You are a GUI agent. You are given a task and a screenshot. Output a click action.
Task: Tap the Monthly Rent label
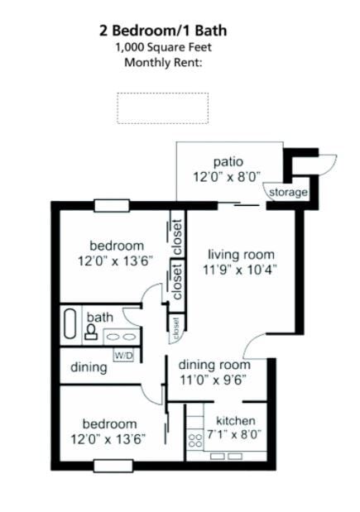163,62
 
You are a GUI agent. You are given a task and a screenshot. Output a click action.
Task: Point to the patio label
228,160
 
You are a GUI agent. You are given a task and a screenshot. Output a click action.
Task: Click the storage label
287,193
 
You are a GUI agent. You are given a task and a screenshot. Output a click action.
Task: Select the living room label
241,254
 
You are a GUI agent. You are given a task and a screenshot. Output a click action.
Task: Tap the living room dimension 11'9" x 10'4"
242,269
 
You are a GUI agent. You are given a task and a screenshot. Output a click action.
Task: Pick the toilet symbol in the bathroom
90,332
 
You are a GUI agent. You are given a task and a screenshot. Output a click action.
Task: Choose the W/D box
123,356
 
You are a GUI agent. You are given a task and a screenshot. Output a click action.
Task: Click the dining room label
214,364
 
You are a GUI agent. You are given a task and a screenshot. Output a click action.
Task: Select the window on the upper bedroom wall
111,206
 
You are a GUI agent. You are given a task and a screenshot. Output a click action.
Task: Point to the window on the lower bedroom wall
111,465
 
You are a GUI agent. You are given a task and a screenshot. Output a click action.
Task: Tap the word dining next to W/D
87,367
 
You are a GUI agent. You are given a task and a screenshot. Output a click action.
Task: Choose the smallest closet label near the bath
175,328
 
